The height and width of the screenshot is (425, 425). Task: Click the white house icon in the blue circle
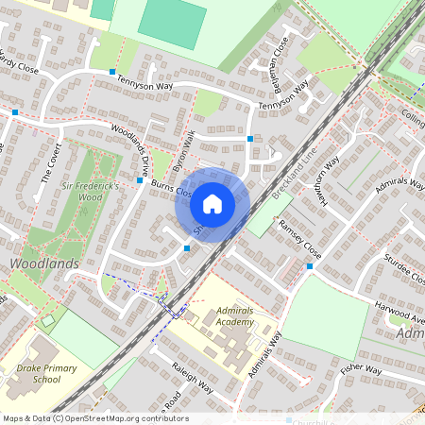[212, 204]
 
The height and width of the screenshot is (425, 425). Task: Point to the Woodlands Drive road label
[130, 146]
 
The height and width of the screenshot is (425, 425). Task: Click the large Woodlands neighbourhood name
[44, 263]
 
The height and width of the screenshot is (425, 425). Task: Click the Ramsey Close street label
[299, 240]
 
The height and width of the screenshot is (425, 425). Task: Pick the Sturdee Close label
[404, 268]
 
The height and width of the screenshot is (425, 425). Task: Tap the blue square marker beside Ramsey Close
[310, 266]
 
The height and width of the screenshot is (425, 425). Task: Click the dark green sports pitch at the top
[172, 25]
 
